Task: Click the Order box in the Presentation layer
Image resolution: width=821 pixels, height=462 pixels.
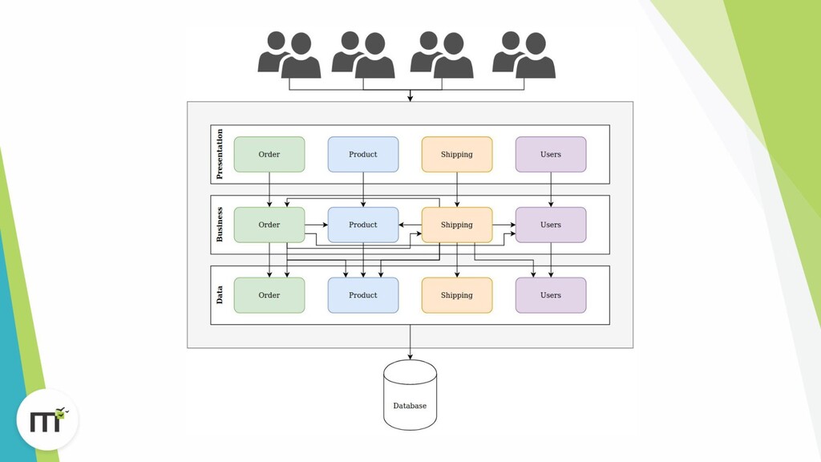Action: pos(269,154)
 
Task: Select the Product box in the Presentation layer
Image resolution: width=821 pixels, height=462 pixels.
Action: pos(363,154)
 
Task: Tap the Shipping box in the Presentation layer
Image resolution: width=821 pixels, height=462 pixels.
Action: pos(457,154)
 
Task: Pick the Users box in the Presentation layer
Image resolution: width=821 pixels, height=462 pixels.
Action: pos(551,154)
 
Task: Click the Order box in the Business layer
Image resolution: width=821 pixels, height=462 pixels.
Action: pos(269,225)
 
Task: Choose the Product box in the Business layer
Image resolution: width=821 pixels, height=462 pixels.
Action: pos(363,225)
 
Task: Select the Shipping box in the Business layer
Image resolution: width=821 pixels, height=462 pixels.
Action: pos(457,225)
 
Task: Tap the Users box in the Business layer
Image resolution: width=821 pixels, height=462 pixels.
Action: pos(551,225)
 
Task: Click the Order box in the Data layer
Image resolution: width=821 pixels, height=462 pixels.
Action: pos(269,295)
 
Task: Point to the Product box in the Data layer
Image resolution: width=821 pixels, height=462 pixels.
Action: pos(363,295)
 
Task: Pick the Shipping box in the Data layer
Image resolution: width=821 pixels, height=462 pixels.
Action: pos(457,295)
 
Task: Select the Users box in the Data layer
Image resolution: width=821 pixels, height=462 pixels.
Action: pos(551,295)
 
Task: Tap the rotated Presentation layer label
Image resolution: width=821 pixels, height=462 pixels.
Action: pos(220,154)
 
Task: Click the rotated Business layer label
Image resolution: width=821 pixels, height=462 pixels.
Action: pos(220,225)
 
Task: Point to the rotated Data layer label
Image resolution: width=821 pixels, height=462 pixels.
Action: pos(220,295)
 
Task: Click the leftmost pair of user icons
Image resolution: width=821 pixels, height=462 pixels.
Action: pos(289,55)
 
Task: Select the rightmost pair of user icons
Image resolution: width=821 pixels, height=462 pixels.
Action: pos(524,55)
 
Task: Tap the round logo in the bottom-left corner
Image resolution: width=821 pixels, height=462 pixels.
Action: pos(47,419)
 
